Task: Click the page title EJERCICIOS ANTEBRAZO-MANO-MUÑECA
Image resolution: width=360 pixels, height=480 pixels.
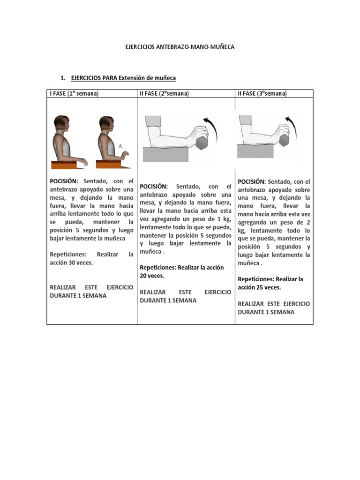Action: click(180, 47)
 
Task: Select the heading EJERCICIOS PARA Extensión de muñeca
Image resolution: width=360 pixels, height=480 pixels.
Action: click(123, 77)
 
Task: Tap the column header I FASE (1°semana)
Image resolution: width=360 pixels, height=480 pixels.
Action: click(74, 94)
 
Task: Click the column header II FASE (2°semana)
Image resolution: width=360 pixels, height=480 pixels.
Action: click(164, 94)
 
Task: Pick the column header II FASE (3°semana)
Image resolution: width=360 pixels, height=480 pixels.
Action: click(262, 94)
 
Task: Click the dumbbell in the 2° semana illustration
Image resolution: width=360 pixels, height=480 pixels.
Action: click(202, 142)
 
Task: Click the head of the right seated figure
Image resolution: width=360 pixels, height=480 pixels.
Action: click(107, 125)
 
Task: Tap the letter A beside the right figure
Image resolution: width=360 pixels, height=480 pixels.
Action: click(120, 147)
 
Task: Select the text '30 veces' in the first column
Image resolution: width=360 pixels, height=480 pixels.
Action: click(80, 263)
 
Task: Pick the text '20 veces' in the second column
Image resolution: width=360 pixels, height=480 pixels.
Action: click(152, 276)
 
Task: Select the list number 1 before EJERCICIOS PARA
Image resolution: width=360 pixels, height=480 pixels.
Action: click(63, 77)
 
